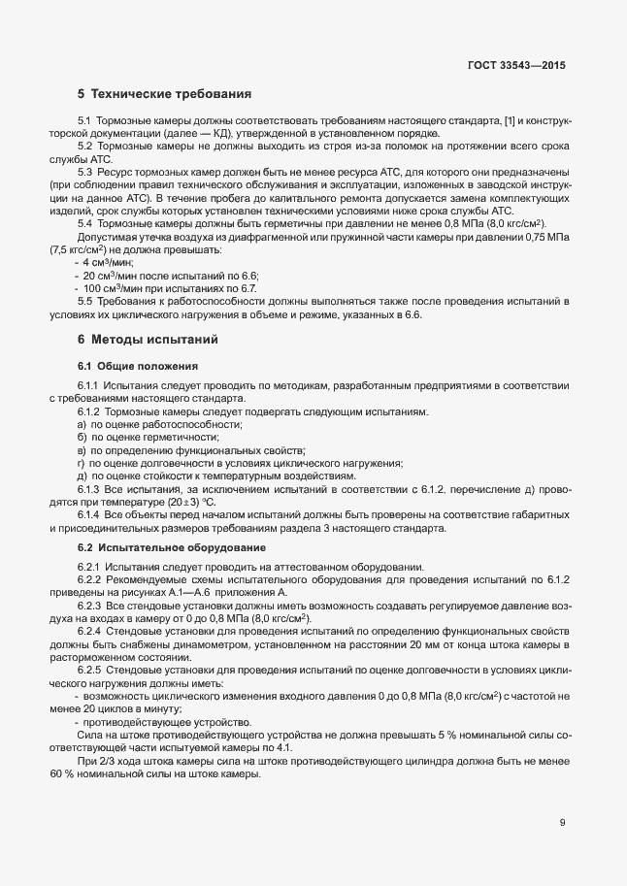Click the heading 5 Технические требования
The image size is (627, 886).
coord(164,94)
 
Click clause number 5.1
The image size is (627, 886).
coord(83,120)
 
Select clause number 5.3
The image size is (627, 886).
coord(84,171)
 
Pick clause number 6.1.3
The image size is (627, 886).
coord(89,489)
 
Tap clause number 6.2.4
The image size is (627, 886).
coord(89,632)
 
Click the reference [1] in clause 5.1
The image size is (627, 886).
coord(510,120)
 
